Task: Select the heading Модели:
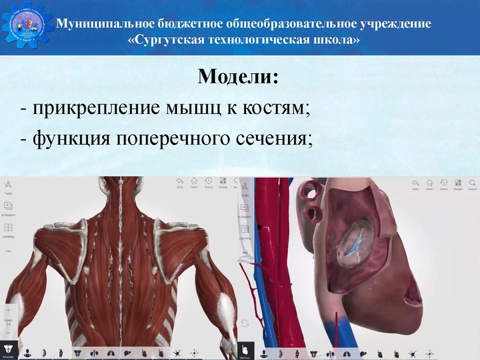point(238,77)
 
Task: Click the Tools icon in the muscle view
point(8,186)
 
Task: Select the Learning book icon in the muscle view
point(8,229)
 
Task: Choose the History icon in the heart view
point(443,184)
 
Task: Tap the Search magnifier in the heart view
point(472,184)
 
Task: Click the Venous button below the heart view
point(244,350)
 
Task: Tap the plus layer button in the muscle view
point(8,311)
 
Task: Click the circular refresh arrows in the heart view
point(245,323)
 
